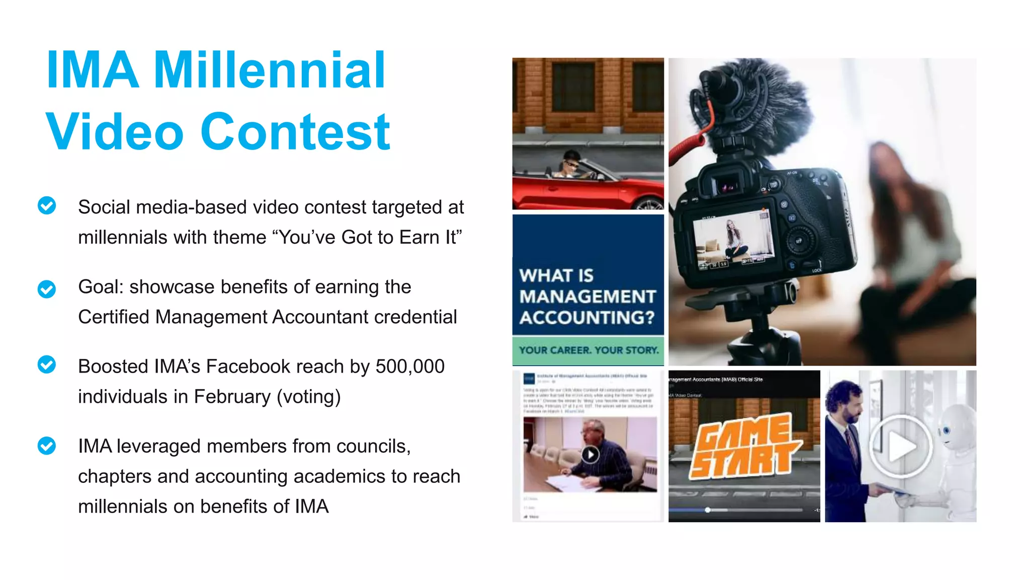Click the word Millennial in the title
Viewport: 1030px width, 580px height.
click(269, 70)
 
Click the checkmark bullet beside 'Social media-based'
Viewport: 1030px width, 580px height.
click(47, 205)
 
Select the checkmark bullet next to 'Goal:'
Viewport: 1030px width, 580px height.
click(47, 289)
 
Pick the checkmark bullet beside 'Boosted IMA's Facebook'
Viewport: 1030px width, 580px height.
click(47, 365)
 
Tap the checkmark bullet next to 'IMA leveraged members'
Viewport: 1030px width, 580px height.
click(47, 446)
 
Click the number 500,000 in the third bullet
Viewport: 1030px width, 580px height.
click(410, 367)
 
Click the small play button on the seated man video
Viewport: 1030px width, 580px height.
click(590, 455)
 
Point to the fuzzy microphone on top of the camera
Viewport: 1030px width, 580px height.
click(754, 106)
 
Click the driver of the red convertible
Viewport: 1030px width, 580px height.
click(571, 167)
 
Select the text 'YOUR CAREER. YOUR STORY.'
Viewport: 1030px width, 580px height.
click(588, 350)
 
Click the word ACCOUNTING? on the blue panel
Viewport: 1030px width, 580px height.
click(587, 318)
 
